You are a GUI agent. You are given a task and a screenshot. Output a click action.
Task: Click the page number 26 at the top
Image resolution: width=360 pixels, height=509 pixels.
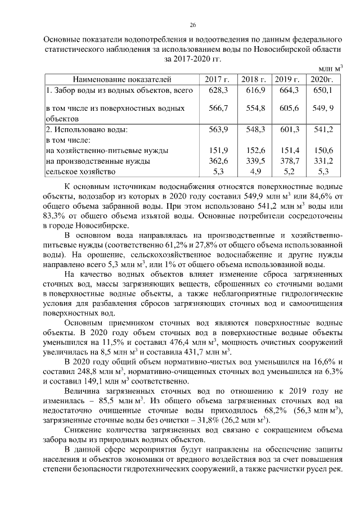pyautogui.click(x=192, y=25)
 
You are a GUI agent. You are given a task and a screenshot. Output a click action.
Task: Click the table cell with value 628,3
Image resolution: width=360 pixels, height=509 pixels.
pyautogui.click(x=217, y=90)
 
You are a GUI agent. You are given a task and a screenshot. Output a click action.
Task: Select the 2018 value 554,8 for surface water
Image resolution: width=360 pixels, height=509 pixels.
pyautogui.click(x=255, y=107)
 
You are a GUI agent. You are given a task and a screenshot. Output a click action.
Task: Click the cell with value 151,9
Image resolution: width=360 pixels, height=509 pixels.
pyautogui.click(x=217, y=150)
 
